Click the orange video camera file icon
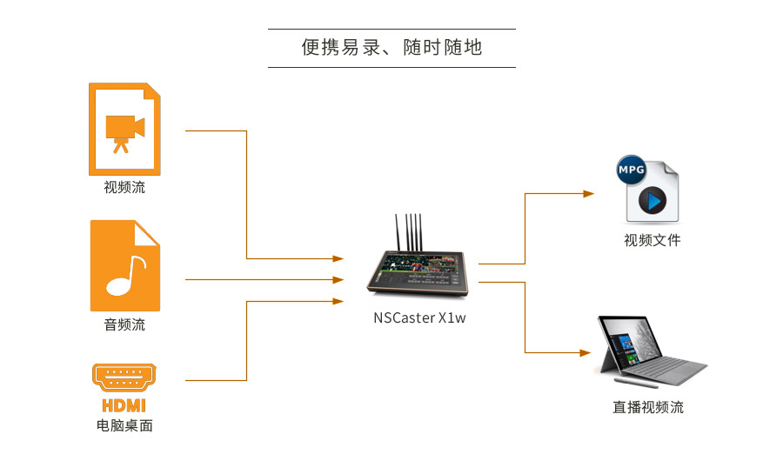[124, 129]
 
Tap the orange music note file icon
[124, 265]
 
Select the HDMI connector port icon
[124, 377]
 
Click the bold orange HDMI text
[124, 405]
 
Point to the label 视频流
[124, 187]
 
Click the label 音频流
[124, 325]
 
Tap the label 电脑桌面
[124, 426]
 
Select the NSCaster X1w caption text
[420, 317]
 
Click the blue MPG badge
[631, 171]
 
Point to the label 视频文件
[652, 240]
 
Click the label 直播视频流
[648, 407]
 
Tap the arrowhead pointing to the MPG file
[589, 193]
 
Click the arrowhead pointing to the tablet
[589, 352]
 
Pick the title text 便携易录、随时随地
[391, 48]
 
